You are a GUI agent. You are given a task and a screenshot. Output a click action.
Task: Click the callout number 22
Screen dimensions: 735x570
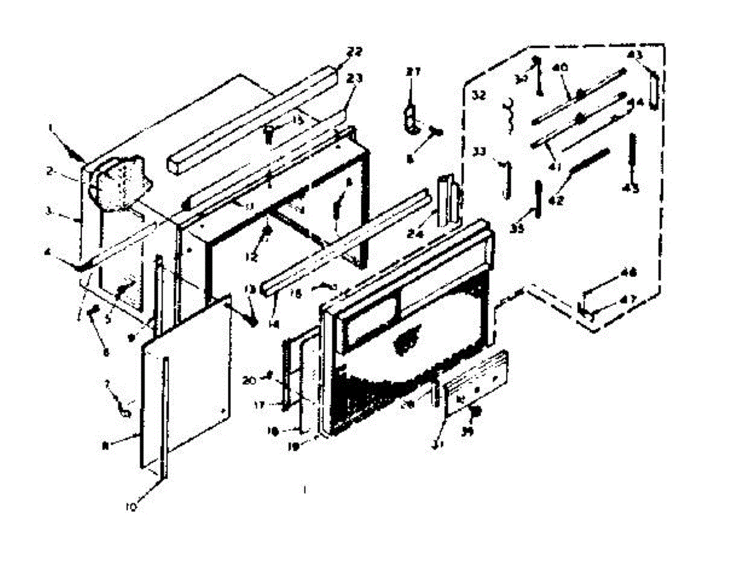coord(354,51)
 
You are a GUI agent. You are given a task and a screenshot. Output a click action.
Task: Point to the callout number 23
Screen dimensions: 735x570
coord(355,78)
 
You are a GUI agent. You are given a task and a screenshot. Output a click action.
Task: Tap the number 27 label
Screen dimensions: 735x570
coord(413,72)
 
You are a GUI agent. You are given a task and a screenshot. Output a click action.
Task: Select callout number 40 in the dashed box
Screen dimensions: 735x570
coord(558,67)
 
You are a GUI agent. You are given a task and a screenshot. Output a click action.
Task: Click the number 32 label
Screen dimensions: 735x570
coord(479,96)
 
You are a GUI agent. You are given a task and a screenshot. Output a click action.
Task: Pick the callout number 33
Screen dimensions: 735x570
coord(480,151)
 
